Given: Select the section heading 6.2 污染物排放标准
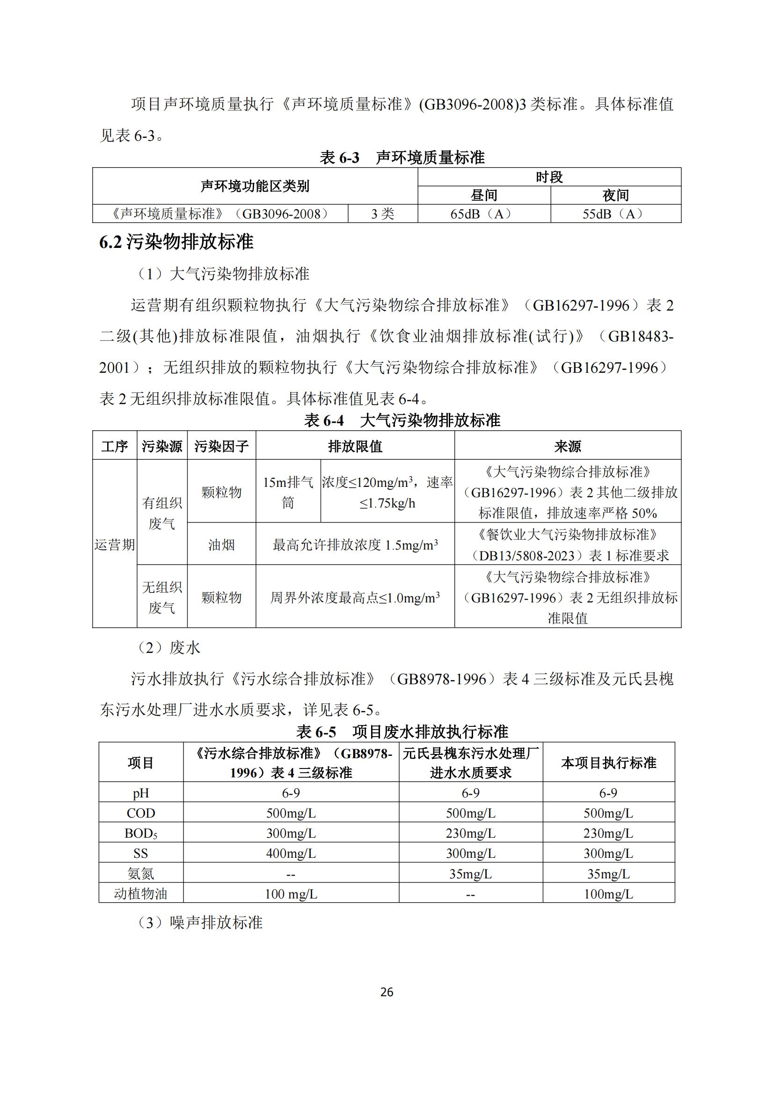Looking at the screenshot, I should pyautogui.click(x=176, y=242).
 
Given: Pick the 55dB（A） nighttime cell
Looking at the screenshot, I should pyautogui.click(x=615, y=214).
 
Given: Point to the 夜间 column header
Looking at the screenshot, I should pyautogui.click(x=615, y=196).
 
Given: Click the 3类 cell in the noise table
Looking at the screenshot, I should pyautogui.click(x=383, y=214).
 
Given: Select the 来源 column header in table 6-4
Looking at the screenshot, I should pyautogui.click(x=567, y=446).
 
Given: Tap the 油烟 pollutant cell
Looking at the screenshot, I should pyautogui.click(x=221, y=544).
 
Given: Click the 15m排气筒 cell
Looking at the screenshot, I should pyautogui.click(x=288, y=492).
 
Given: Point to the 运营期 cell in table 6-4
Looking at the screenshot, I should pyautogui.click(x=114, y=544).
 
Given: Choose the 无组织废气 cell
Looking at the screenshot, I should pyautogui.click(x=162, y=597).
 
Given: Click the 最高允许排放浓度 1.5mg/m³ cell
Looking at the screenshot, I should pyautogui.click(x=355, y=544).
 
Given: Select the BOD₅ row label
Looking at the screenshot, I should pyautogui.click(x=140, y=833).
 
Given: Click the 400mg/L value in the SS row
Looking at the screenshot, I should pyautogui.click(x=291, y=854).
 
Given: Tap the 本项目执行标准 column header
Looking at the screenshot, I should pyautogui.click(x=608, y=763).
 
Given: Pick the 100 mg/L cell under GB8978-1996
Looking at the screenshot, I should pyautogui.click(x=291, y=894).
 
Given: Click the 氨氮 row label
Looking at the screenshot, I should pyautogui.click(x=140, y=874).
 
